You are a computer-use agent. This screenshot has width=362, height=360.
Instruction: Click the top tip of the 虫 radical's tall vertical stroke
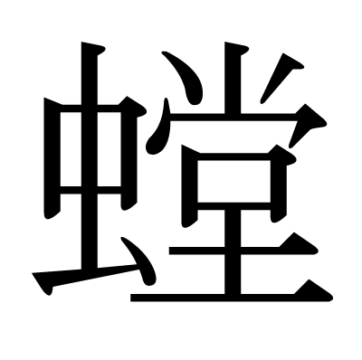pyautogui.click(x=82, y=43)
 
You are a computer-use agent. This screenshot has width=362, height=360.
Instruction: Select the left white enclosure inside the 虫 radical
pyautogui.click(x=71, y=149)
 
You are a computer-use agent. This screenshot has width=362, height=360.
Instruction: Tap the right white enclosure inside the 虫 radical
pyautogui.click(x=109, y=149)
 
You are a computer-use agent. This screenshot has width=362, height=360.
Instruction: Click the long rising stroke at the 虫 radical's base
pyautogui.click(x=84, y=277)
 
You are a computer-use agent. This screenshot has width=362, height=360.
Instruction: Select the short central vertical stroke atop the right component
pyautogui.click(x=233, y=78)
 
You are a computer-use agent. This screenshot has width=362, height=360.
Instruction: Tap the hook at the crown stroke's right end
pyautogui.click(x=308, y=125)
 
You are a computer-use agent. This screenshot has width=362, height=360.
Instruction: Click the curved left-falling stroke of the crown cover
pyautogui.click(x=159, y=129)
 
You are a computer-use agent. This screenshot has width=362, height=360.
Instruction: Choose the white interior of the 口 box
pyautogui.click(x=233, y=181)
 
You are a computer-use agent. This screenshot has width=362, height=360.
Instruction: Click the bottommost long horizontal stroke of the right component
pyautogui.click(x=232, y=298)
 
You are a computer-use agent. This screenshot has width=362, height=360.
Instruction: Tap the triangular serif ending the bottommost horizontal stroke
pyautogui.click(x=314, y=290)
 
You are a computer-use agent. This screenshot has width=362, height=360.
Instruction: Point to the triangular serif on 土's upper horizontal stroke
pyautogui.click(x=299, y=243)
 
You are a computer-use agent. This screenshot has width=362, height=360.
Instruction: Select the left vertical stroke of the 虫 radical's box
pyautogui.click(x=52, y=158)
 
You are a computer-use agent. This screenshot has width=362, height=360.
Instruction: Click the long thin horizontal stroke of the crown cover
pyautogui.click(x=233, y=117)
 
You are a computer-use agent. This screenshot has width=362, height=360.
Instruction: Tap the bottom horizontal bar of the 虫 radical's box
pyautogui.click(x=90, y=190)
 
